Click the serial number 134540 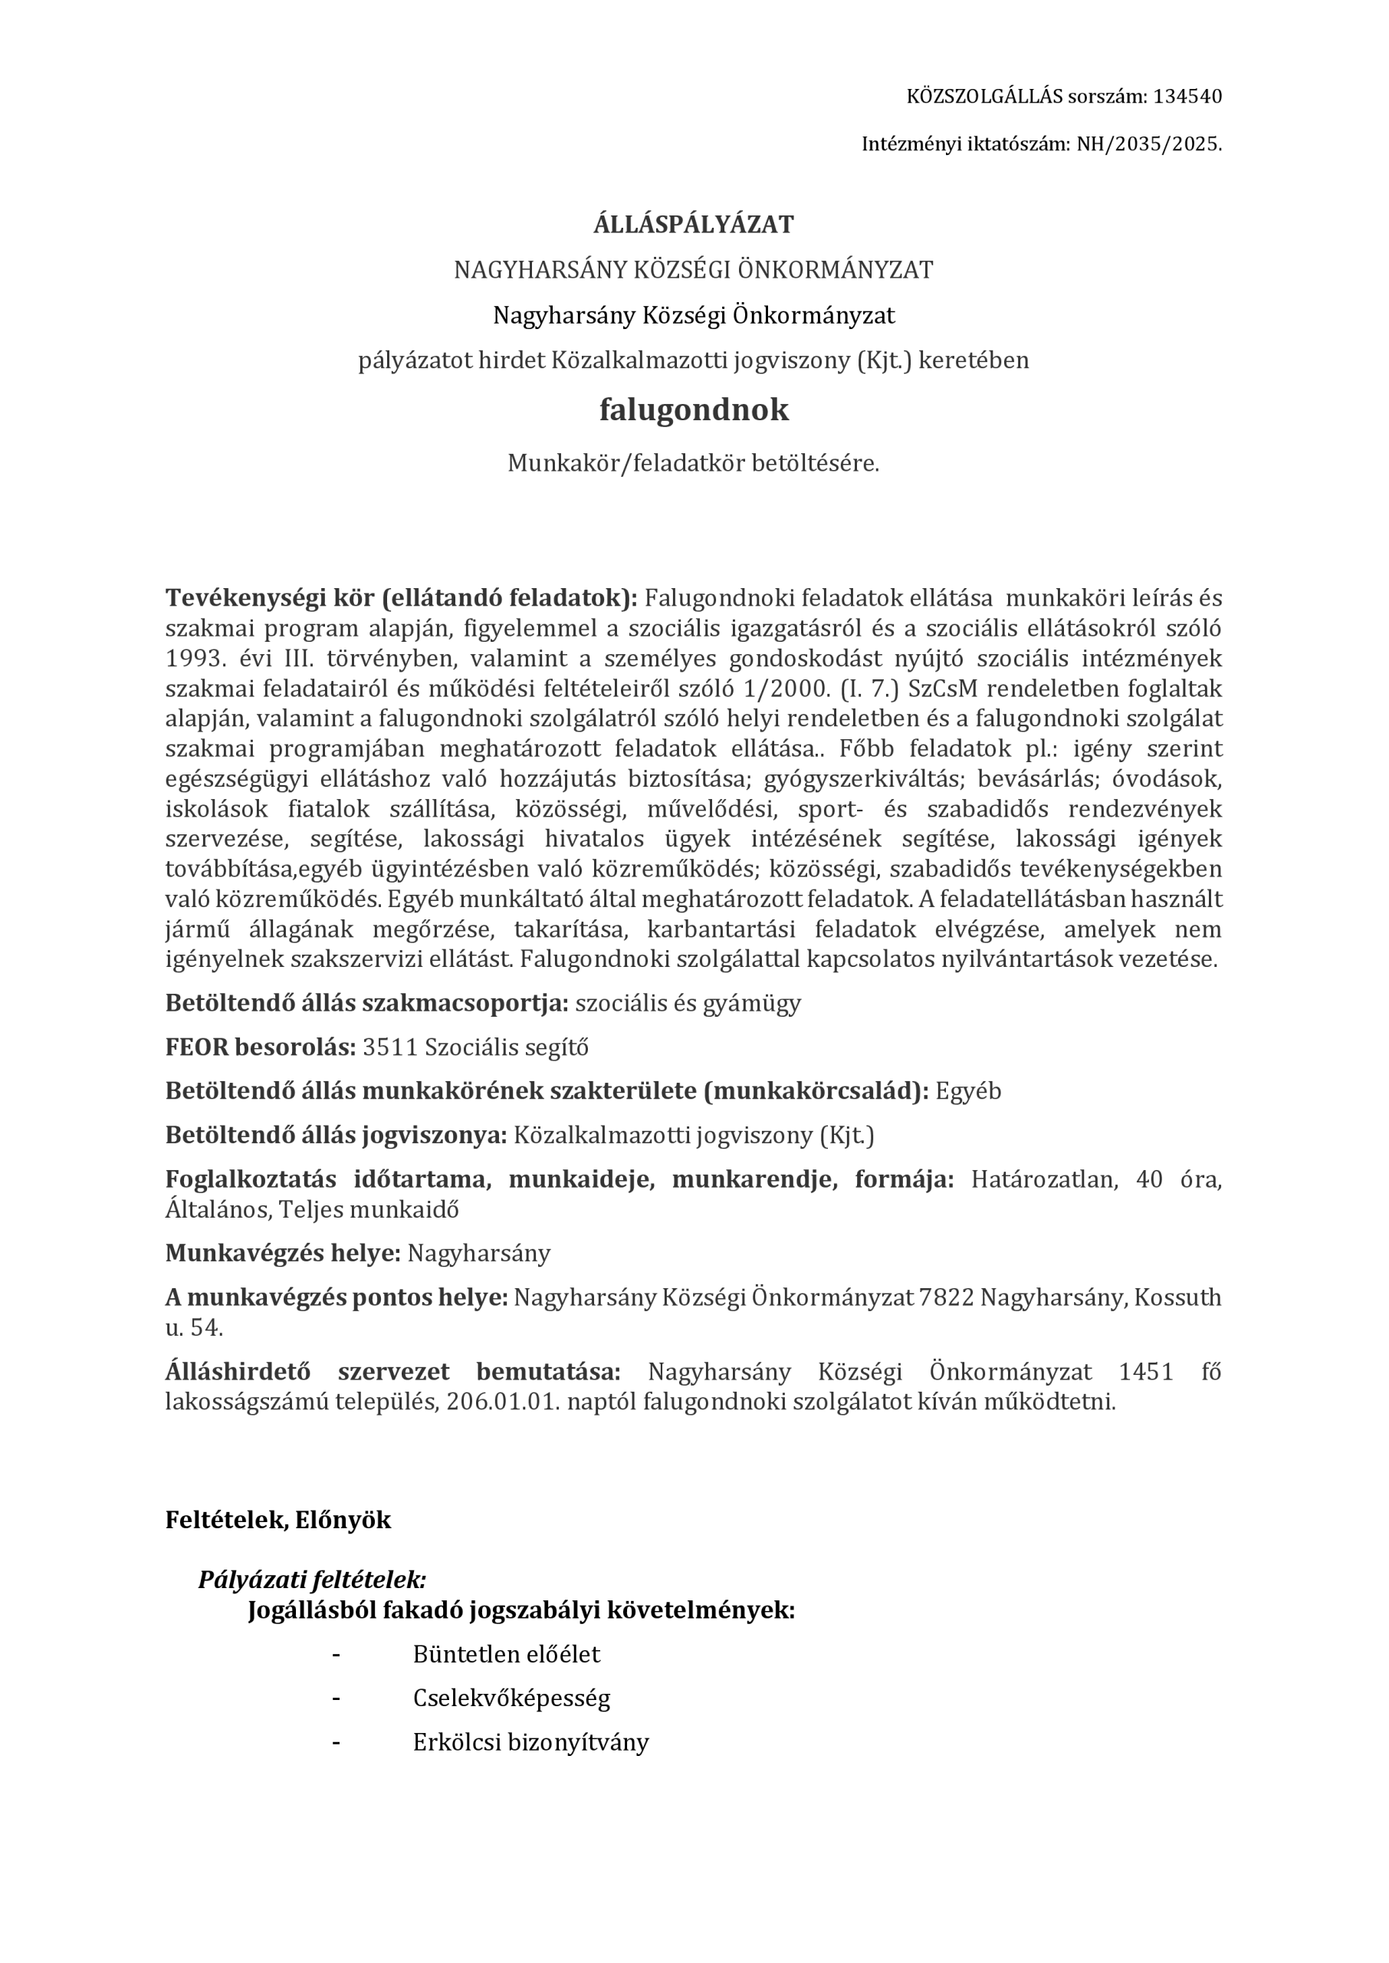coord(1187,96)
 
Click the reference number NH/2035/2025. coord(1148,143)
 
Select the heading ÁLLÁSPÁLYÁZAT coord(694,224)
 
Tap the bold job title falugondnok coord(694,409)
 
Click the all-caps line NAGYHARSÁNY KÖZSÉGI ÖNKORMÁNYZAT coord(694,269)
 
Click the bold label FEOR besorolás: coord(260,1047)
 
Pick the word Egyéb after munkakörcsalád coord(968,1091)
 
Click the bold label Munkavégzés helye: coord(282,1253)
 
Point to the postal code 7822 coord(946,1297)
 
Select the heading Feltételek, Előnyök coord(278,1520)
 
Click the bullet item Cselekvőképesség coord(511,1698)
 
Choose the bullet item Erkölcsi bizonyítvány coord(530,1742)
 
